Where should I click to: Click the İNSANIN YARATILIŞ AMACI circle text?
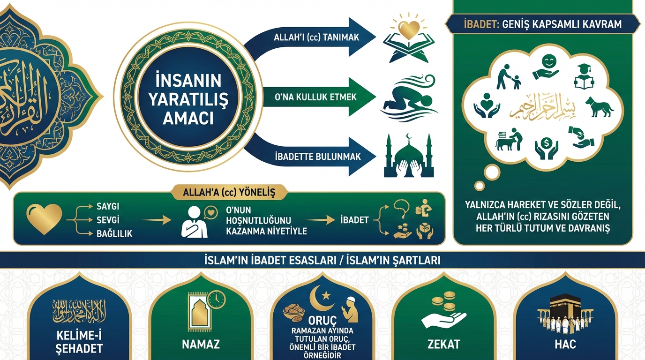pyautogui.click(x=188, y=98)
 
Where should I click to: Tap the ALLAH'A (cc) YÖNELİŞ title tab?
pyautogui.click(x=229, y=192)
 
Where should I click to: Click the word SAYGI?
pyautogui.click(x=107, y=207)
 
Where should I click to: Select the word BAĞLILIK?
pyautogui.click(x=113, y=233)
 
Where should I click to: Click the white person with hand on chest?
pyautogui.click(x=194, y=222)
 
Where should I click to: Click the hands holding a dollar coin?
pyautogui.click(x=546, y=147)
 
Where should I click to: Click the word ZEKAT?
pyautogui.click(x=443, y=345)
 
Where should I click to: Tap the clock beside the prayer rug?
pyautogui.click(x=216, y=299)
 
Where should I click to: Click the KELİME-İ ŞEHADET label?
pyautogui.click(x=79, y=342)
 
